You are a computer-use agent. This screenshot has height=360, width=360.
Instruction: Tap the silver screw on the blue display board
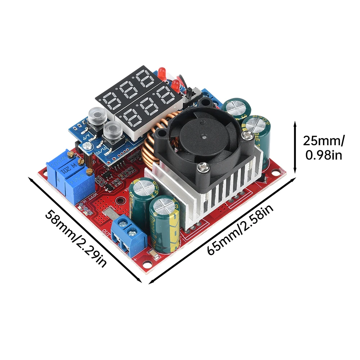tap(86, 146)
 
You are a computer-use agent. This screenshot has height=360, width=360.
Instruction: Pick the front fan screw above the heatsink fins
tap(203, 166)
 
